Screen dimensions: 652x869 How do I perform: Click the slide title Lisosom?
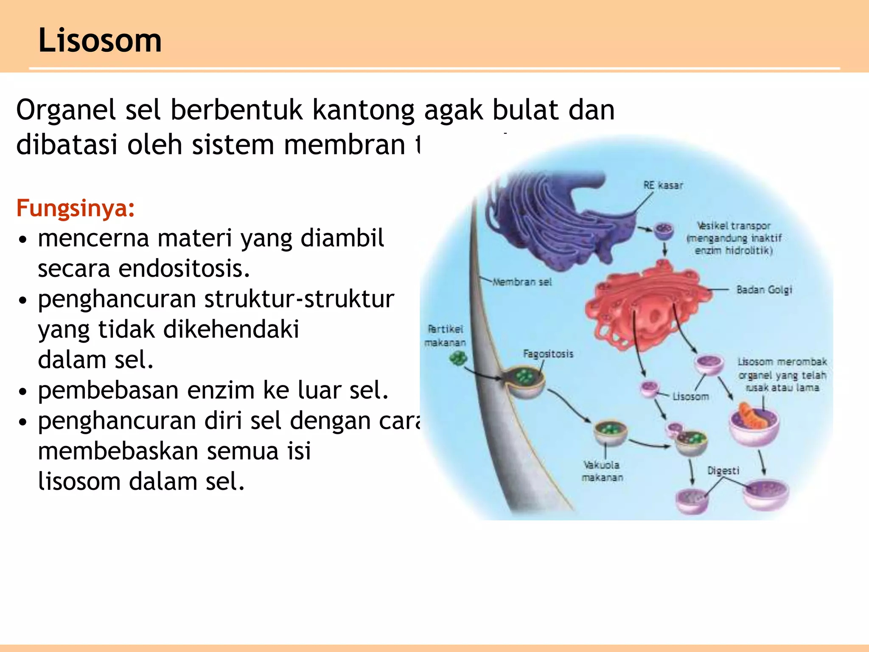pos(100,40)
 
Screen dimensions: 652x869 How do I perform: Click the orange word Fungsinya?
pos(76,208)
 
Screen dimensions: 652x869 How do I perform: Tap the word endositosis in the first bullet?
pos(184,269)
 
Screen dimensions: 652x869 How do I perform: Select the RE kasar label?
pos(663,185)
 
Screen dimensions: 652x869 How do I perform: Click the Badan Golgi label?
pos(764,290)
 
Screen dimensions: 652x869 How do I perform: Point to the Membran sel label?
pos(522,282)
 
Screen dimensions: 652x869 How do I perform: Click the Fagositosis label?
pos(548,354)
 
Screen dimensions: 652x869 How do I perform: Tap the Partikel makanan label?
pos(445,336)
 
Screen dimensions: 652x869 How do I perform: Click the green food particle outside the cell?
pos(458,359)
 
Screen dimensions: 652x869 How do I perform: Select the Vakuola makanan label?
pos(602,471)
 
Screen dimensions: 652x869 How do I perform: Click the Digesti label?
pos(723,471)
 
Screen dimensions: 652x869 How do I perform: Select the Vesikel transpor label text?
pos(734,238)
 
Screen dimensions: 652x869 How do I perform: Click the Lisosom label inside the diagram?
pos(690,396)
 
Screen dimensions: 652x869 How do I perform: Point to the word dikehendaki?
pos(231,329)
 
